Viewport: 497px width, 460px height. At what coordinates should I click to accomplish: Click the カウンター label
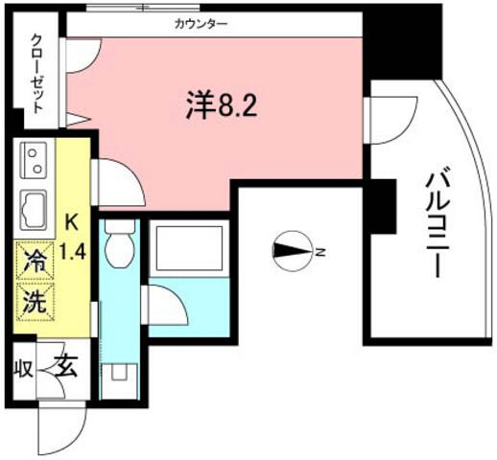click(201, 24)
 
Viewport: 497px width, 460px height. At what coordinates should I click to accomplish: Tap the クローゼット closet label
click(37, 74)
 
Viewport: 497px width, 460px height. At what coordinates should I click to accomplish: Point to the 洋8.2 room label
click(222, 104)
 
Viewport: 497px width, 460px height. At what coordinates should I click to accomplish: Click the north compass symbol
click(293, 251)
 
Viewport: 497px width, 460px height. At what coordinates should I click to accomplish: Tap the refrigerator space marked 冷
click(35, 261)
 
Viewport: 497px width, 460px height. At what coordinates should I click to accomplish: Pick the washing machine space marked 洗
click(35, 301)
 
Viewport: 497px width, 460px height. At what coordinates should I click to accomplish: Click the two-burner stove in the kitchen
click(34, 160)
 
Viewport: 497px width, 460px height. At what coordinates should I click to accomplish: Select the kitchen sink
click(34, 210)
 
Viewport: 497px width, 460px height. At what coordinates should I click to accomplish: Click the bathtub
click(189, 247)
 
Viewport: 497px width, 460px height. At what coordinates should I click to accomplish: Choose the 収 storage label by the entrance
click(23, 369)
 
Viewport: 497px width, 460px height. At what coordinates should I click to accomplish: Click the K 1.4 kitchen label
click(73, 237)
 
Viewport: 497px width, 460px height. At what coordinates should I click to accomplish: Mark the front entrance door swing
click(62, 428)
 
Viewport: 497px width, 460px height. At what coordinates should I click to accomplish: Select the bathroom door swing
click(166, 306)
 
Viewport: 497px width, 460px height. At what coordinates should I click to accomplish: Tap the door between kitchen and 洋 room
click(119, 182)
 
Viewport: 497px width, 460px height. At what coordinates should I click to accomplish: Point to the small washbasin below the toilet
click(119, 372)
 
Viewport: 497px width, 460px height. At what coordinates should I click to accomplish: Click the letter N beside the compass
click(319, 252)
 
